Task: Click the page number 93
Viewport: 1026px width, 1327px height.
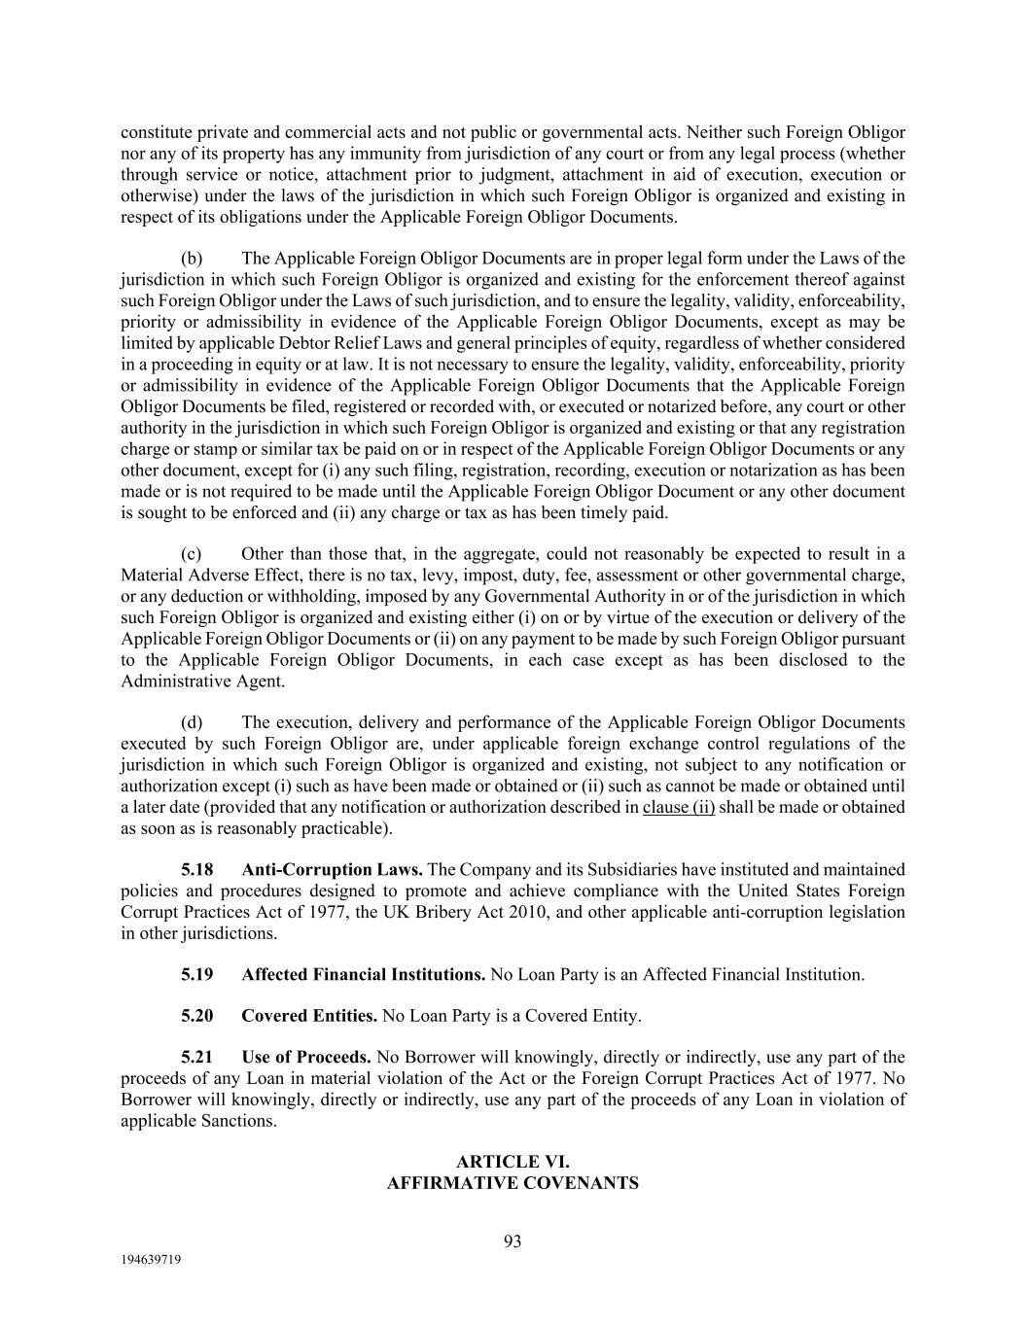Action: coord(513,1240)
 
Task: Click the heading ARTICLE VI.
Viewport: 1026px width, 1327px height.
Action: coord(513,1162)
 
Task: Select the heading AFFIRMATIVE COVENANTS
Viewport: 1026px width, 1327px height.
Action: coord(513,1183)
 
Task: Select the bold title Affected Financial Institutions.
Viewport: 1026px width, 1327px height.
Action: coord(363,974)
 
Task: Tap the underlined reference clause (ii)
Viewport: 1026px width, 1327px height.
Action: coord(678,807)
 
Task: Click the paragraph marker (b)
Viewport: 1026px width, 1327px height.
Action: coord(192,258)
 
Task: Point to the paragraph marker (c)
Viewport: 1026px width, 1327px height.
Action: coord(192,553)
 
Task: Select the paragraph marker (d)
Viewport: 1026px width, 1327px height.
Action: coord(192,722)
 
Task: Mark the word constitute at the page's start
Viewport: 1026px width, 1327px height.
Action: coord(157,131)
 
